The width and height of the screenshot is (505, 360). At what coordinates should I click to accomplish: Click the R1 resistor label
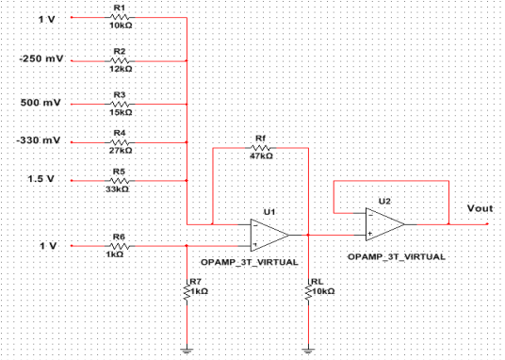coord(119,9)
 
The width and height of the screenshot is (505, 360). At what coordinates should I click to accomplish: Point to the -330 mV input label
coord(39,140)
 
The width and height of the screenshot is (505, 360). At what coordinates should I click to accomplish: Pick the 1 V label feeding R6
coord(47,245)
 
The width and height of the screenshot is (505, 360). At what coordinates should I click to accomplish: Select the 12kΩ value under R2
coord(120,69)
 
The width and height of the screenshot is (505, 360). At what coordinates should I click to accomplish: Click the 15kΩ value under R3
coord(120,109)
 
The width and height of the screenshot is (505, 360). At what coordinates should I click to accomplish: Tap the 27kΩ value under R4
coord(120,149)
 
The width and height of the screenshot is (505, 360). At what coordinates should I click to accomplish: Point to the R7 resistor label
coord(195,281)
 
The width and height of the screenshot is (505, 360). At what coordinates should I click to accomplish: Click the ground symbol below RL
coord(308,349)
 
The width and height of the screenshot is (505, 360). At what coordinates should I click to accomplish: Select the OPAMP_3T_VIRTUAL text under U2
coord(396,255)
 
